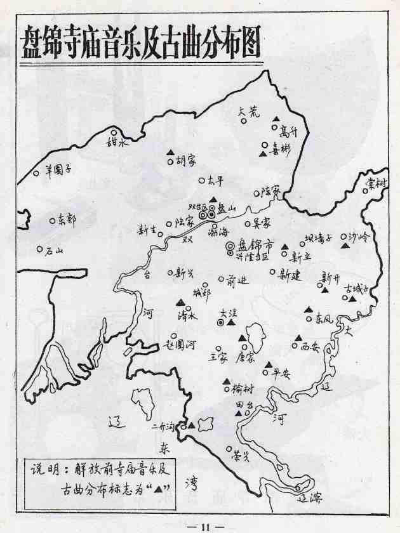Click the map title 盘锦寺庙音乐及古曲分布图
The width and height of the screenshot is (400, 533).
tap(141, 43)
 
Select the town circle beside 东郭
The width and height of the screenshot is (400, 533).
tap(52, 221)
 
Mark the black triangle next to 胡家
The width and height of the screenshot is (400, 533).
tap(170, 152)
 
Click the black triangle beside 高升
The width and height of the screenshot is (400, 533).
tap(276, 120)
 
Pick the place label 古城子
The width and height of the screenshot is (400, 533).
tap(356, 289)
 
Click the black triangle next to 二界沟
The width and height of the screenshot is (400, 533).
tap(191, 424)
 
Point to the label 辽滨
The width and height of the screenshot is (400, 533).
tap(312, 498)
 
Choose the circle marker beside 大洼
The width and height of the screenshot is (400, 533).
tap(220, 322)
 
